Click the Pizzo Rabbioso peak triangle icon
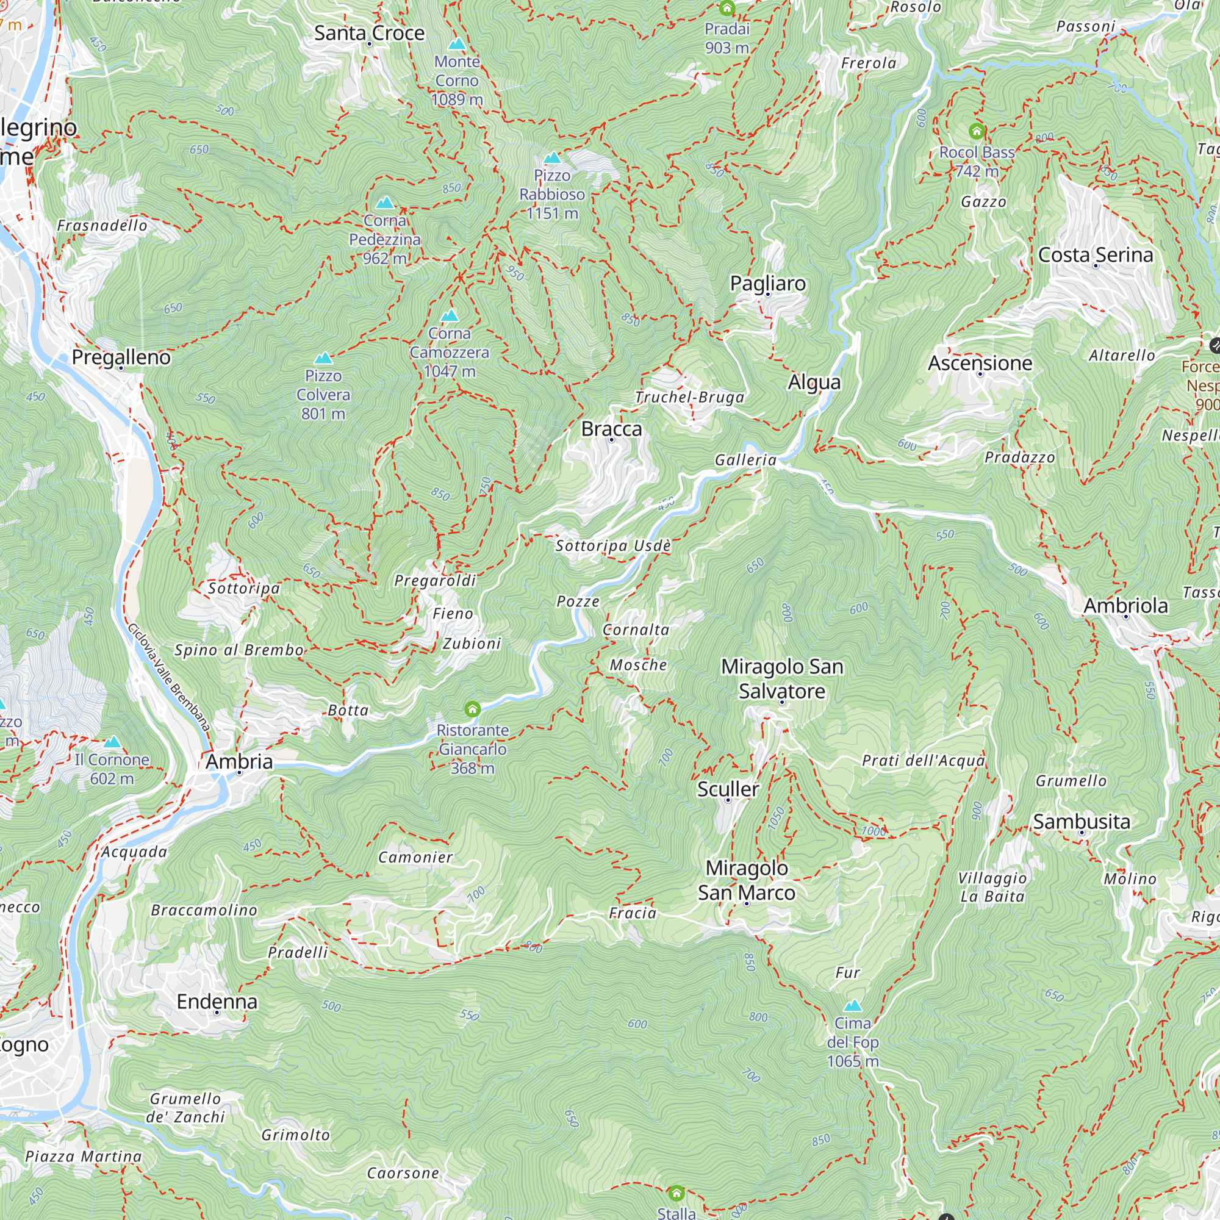552,158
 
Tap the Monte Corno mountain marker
456,44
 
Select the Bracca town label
611,429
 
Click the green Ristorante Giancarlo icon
472,710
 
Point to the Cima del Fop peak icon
853,1006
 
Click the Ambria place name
239,761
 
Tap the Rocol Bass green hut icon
977,131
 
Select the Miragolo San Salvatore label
782,679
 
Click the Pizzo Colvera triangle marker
323,359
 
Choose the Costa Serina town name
1096,255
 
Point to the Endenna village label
217,1002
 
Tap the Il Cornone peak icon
112,741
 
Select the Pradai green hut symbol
727,8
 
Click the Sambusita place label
1081,822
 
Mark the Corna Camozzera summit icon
450,316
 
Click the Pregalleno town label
121,357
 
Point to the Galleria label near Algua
745,461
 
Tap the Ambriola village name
1125,606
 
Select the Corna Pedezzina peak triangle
384,203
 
